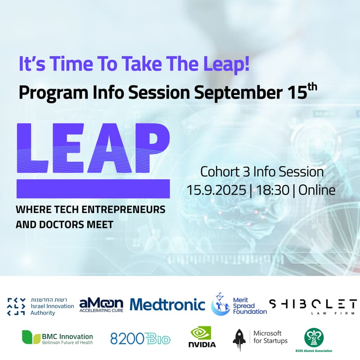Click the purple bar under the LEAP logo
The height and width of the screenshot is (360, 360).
click(93, 189)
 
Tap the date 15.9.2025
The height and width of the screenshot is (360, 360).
click(218, 190)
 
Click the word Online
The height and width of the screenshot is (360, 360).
click(317, 190)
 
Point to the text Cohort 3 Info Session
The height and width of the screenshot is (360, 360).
click(262, 172)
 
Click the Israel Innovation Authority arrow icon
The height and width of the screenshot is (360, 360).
click(16, 306)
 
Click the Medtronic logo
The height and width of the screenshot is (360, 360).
click(167, 305)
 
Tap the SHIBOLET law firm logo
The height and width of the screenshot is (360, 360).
click(313, 306)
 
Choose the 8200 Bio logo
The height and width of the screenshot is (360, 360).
click(140, 338)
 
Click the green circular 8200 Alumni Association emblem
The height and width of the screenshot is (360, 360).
click(314, 337)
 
